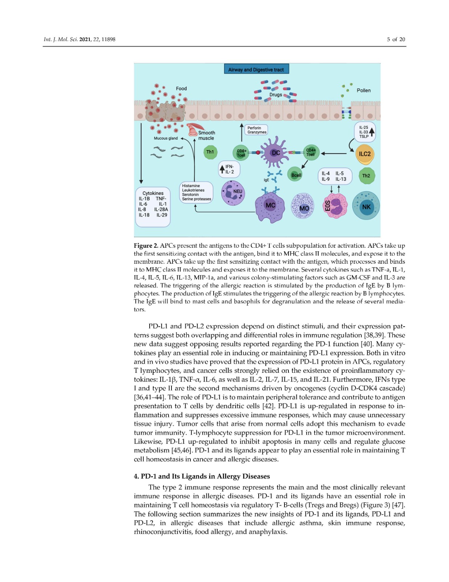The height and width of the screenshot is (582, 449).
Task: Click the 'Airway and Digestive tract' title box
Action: click(x=256, y=69)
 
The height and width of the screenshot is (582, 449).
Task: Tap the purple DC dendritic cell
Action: click(x=276, y=153)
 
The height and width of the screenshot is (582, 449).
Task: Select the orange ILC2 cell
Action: click(x=364, y=154)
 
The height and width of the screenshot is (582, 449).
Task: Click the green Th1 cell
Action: click(x=210, y=152)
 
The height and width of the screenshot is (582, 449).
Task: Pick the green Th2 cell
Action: click(x=366, y=176)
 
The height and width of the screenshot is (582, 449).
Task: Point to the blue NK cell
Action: click(x=366, y=207)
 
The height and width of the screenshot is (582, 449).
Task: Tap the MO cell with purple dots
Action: click(x=303, y=206)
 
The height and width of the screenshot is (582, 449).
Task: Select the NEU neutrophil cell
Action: click(x=233, y=192)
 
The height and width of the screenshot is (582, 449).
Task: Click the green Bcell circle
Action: click(x=296, y=175)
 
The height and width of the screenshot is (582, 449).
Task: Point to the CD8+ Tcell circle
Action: click(x=241, y=153)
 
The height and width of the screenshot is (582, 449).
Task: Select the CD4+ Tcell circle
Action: click(x=311, y=152)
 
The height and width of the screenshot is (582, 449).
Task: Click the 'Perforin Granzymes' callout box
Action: click(x=256, y=130)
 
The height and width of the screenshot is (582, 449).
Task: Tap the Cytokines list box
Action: click(x=153, y=207)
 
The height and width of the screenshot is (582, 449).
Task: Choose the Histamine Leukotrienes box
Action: click(x=196, y=192)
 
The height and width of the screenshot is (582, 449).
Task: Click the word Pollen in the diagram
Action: click(x=364, y=90)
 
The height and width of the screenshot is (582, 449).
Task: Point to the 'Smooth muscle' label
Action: click(x=206, y=135)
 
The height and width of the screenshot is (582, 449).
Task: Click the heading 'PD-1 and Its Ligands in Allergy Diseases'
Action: click(x=202, y=476)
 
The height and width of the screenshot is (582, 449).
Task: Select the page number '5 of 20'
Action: click(x=396, y=39)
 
